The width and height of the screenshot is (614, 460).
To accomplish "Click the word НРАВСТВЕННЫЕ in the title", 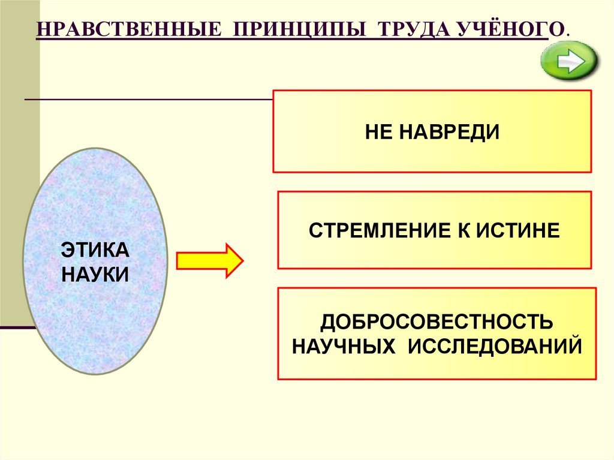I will [x=127, y=30].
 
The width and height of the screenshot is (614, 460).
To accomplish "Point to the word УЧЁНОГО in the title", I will [x=505, y=30].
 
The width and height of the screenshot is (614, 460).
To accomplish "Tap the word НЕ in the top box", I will [x=378, y=131].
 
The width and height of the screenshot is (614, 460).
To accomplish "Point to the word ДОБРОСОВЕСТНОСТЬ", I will [x=437, y=322].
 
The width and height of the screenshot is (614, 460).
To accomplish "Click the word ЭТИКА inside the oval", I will [x=95, y=251].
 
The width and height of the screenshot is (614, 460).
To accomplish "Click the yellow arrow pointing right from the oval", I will [x=209, y=261].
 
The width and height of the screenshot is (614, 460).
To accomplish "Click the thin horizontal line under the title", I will [x=150, y=98].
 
